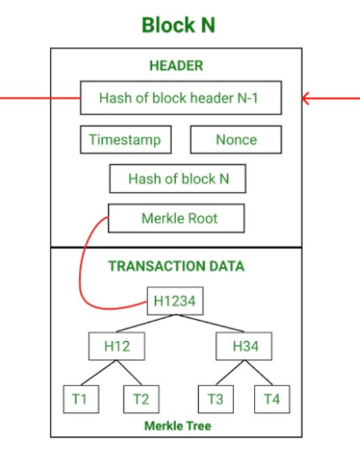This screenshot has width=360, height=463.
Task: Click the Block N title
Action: (178, 25)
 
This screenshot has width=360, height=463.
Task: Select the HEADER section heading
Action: (176, 66)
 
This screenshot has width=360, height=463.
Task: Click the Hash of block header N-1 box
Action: (179, 98)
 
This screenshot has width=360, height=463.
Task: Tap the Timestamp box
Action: (125, 140)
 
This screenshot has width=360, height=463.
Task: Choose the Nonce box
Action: (235, 140)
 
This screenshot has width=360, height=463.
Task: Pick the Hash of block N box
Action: (178, 179)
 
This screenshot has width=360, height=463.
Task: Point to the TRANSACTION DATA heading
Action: (176, 266)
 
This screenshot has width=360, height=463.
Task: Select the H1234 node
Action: (175, 301)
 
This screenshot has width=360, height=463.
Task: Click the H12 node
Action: (116, 346)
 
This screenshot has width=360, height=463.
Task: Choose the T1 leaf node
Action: (79, 399)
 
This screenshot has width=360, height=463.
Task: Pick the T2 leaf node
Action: (140, 399)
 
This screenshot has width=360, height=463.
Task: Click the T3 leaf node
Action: (215, 399)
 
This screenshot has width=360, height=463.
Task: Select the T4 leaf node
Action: (271, 399)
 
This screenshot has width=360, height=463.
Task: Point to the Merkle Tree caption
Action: (177, 426)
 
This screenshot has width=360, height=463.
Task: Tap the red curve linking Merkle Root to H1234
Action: (83, 272)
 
